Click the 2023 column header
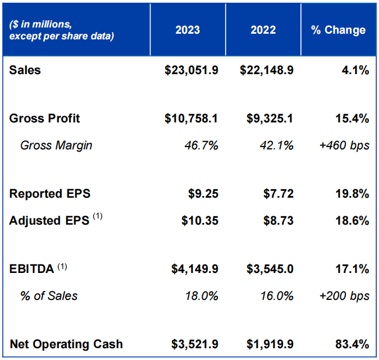click(188, 30)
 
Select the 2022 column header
click(263, 30)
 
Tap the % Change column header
click(339, 30)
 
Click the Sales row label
click(25, 70)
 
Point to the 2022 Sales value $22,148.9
click(267, 70)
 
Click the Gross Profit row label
click(45, 119)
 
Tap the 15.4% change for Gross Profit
click(353, 119)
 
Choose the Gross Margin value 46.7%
click(202, 145)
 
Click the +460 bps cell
click(344, 145)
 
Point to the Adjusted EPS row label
click(49, 221)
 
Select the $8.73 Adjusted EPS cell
click(278, 221)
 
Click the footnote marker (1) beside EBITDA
click(62, 267)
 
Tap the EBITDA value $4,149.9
click(195, 269)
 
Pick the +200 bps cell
click(344, 296)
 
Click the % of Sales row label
click(49, 296)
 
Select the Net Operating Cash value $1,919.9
click(270, 344)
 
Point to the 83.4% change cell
click(353, 344)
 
